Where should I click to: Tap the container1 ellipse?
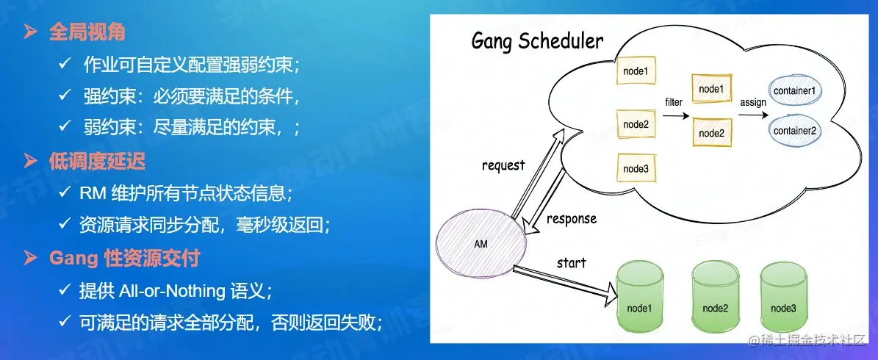click(797, 91)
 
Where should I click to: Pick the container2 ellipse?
click(797, 131)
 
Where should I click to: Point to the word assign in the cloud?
click(753, 102)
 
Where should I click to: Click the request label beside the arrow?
click(503, 165)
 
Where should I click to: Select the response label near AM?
click(572, 219)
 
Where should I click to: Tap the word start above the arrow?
click(572, 262)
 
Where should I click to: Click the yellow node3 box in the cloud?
click(636, 169)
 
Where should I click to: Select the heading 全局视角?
click(87, 32)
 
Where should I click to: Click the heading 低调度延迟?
click(97, 161)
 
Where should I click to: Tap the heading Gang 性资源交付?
click(124, 258)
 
